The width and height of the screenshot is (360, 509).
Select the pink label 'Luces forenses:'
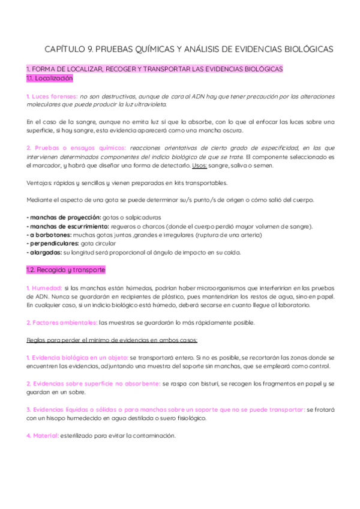52,96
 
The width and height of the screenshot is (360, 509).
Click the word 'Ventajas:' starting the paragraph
40,183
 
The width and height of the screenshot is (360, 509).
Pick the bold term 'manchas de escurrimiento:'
66,226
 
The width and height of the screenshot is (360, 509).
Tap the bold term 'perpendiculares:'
52,244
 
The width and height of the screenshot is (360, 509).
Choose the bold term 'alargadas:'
43,253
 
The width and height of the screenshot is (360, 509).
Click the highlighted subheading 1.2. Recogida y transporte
66,270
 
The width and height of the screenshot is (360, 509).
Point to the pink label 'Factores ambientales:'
62,323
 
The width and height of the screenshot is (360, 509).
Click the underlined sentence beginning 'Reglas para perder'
112,340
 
